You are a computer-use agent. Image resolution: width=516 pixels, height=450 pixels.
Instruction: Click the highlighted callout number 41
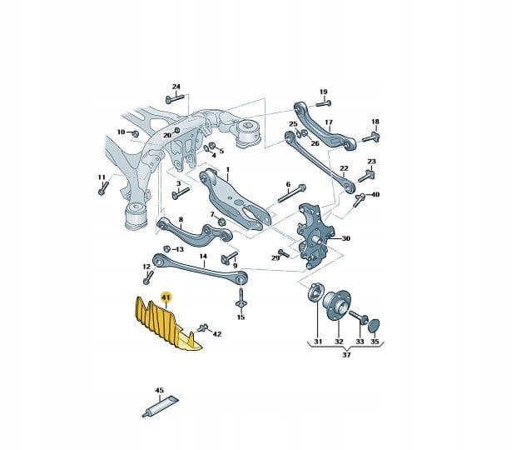click(166, 297)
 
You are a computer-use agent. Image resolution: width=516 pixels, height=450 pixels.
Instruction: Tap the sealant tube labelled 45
click(161, 407)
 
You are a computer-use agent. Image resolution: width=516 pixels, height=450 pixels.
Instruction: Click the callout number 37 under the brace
click(346, 355)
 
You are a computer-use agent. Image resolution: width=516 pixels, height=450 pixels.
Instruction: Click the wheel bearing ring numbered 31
click(315, 292)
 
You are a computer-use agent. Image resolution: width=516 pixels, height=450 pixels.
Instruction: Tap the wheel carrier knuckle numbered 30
click(312, 236)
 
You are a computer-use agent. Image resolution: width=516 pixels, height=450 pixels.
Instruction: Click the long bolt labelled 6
click(291, 194)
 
